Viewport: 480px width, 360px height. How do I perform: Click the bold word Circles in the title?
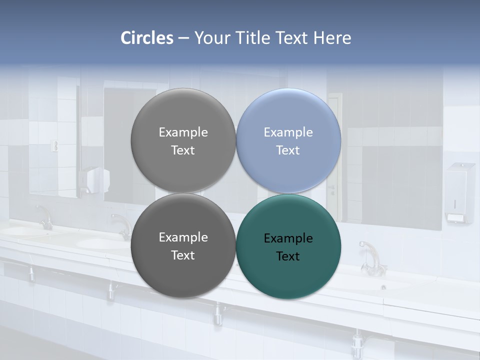point(146,38)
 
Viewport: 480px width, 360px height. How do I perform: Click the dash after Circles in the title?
point(183,38)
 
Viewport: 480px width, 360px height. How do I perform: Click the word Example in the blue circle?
point(288,132)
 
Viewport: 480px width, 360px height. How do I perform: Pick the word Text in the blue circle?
point(288,150)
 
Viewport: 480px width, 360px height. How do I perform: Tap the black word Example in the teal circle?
point(288,238)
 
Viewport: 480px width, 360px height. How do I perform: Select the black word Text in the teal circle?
point(288,256)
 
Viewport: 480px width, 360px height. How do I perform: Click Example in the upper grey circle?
point(183,132)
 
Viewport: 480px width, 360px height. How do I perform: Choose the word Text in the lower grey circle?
point(183,255)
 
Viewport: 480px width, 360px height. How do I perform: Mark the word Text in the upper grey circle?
point(183,150)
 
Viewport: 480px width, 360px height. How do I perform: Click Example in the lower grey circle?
point(183,237)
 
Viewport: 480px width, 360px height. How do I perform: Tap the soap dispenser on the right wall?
point(459,192)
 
